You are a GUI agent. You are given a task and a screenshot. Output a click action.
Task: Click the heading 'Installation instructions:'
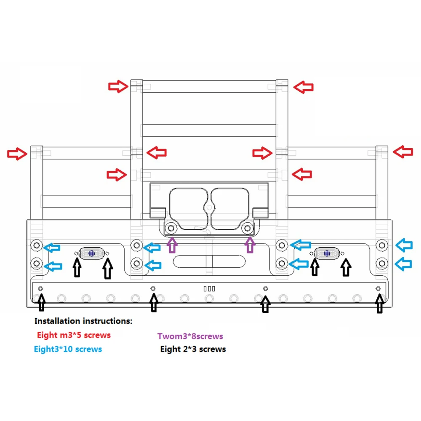83,321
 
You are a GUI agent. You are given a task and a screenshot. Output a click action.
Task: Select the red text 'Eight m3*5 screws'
74,335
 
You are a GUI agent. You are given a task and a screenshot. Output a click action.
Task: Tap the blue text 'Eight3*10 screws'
68,349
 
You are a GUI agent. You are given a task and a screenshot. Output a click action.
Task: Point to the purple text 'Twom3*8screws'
190,336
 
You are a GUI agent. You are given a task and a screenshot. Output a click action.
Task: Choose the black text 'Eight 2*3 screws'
193,349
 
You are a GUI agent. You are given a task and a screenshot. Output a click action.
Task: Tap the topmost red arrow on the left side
118,87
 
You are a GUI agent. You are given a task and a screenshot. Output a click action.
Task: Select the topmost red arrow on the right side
304,87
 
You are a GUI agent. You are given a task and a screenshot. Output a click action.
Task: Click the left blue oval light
91,253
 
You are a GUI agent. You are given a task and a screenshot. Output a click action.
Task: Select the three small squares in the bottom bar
209,289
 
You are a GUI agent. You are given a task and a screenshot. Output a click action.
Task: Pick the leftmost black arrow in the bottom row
41,302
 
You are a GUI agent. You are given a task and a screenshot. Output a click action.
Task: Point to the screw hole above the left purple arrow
171,229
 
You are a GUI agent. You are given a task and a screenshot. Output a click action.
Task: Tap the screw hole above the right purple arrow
248,229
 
